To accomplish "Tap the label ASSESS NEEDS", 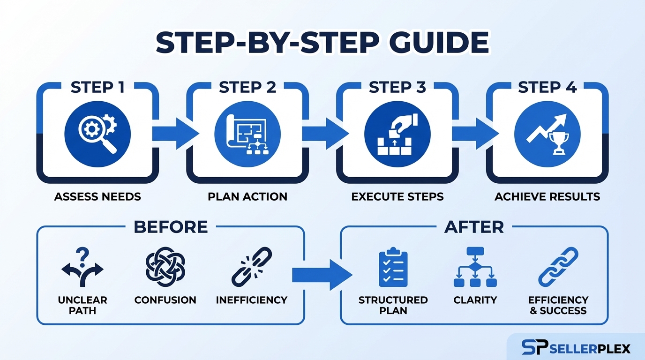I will (x=97, y=196).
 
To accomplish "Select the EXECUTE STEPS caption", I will (x=397, y=196).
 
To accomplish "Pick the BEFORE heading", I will (x=171, y=227).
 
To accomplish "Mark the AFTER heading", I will (x=474, y=227).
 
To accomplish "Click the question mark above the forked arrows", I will (x=82, y=255).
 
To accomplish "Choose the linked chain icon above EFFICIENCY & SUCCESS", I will (x=558, y=267).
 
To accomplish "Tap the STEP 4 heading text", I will (x=547, y=88).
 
